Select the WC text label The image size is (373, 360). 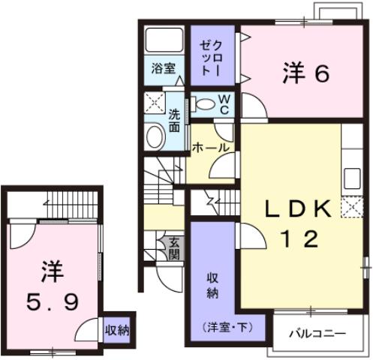tap(224, 103)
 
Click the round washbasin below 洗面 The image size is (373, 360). tap(154, 136)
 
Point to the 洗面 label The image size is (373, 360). tap(174, 121)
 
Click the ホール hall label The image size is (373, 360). tap(210, 148)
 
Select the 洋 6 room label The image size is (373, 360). tap(306, 73)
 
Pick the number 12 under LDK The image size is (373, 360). tap(299, 240)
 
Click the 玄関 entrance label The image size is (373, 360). tap(174, 247)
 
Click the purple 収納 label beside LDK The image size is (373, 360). tap(212, 283)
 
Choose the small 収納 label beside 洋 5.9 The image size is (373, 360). tap(116, 328)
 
